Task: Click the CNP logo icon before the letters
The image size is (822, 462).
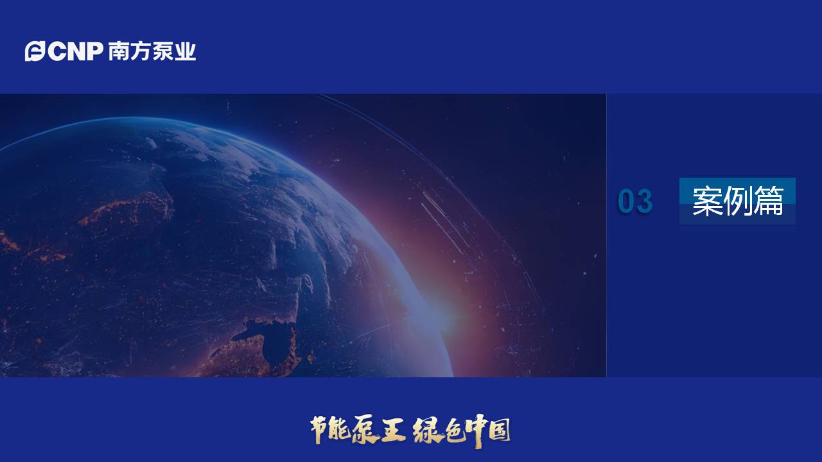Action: click(35, 51)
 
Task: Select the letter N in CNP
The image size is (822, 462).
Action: click(73, 51)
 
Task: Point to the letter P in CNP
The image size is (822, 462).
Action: click(92, 51)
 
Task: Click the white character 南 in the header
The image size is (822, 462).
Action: click(118, 51)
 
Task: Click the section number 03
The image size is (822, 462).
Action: click(635, 201)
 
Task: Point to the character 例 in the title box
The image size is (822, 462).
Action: click(737, 201)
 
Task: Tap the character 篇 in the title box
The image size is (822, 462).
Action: click(768, 201)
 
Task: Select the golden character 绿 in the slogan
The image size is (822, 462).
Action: click(426, 430)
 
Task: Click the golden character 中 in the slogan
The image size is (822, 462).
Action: click(476, 430)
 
